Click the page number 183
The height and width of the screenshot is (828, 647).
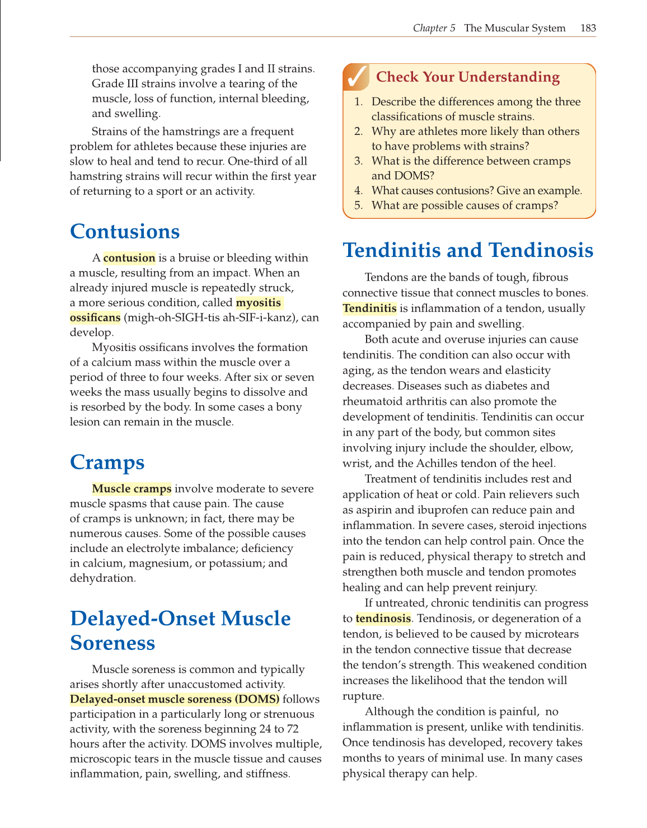pyautogui.click(x=588, y=28)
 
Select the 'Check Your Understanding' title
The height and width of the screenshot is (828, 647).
pyautogui.click(x=467, y=77)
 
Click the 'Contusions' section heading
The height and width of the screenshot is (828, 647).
pyautogui.click(x=125, y=232)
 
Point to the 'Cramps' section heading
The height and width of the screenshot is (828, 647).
pyautogui.click(x=107, y=462)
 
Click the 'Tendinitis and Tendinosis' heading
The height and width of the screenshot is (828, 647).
pyautogui.click(x=468, y=250)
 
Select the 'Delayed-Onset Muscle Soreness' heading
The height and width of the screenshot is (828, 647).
pyautogui.click(x=180, y=630)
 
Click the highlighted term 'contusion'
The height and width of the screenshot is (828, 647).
pyautogui.click(x=129, y=258)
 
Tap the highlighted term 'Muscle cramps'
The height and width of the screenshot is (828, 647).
pyautogui.click(x=132, y=489)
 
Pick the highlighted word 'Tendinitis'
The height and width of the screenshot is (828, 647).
pyautogui.click(x=369, y=308)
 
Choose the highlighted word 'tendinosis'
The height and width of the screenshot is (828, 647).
pyautogui.click(x=383, y=619)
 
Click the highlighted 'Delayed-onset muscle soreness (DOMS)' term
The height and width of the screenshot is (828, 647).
pyautogui.click(x=175, y=699)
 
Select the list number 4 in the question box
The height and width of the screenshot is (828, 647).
pyautogui.click(x=358, y=191)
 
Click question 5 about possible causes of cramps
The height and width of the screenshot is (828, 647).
pyautogui.click(x=465, y=205)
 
